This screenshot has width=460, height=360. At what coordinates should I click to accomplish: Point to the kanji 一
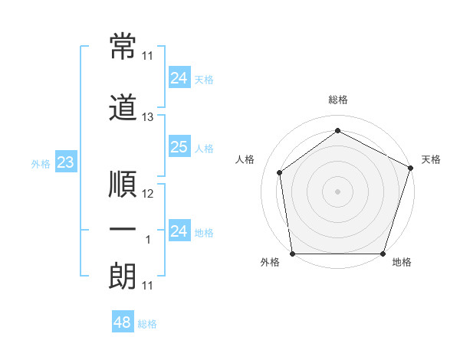123,230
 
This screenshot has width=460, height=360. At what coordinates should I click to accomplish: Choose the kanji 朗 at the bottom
123,276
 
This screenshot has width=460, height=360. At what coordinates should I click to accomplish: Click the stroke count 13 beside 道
148,117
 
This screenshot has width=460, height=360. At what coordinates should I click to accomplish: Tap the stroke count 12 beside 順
148,194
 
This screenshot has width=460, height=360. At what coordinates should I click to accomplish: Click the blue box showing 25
179,147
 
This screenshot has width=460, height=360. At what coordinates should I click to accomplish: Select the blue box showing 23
65,162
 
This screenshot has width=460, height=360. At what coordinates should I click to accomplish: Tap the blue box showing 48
122,322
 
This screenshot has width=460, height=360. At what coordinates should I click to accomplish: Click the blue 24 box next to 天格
179,77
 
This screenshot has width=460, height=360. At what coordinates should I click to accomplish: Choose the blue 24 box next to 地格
179,231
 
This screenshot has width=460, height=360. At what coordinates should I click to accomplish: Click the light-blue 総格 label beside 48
147,324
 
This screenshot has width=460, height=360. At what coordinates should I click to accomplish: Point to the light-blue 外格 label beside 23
41,163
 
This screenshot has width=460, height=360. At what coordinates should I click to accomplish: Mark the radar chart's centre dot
337,191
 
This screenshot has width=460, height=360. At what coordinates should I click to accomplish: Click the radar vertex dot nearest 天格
410,168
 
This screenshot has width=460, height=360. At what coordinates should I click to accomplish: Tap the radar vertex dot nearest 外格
292,254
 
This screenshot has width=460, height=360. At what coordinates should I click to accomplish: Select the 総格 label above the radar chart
337,100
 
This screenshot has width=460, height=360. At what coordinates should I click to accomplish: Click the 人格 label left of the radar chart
245,159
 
